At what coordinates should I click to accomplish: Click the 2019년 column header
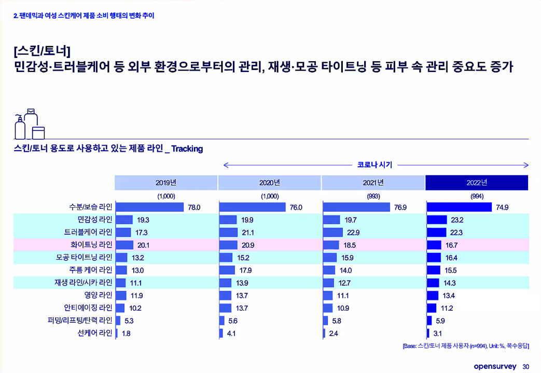pyautogui.click(x=166, y=183)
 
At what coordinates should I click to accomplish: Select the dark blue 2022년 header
pyautogui.click(x=477, y=183)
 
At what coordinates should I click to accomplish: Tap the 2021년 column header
pyautogui.click(x=373, y=183)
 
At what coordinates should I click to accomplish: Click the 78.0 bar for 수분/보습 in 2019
pyautogui.click(x=150, y=207)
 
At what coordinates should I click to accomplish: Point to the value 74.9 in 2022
pyautogui.click(x=502, y=207)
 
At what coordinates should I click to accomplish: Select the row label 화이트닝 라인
pyautogui.click(x=91, y=245)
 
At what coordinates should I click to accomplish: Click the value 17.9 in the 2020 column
pyautogui.click(x=244, y=270)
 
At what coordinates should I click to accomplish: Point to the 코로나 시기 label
pyautogui.click(x=374, y=165)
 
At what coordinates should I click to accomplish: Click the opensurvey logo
pyautogui.click(x=495, y=366)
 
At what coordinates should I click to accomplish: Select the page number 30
pyautogui.click(x=525, y=367)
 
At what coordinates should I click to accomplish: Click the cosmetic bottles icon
pyautogui.click(x=30, y=124)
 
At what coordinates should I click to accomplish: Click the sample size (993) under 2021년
pyautogui.click(x=373, y=196)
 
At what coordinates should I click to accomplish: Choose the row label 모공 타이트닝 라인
pyautogui.click(x=84, y=257)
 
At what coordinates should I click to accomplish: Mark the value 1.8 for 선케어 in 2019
pyautogui.click(x=126, y=334)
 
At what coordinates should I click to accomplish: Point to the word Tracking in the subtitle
pyautogui.click(x=187, y=149)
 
